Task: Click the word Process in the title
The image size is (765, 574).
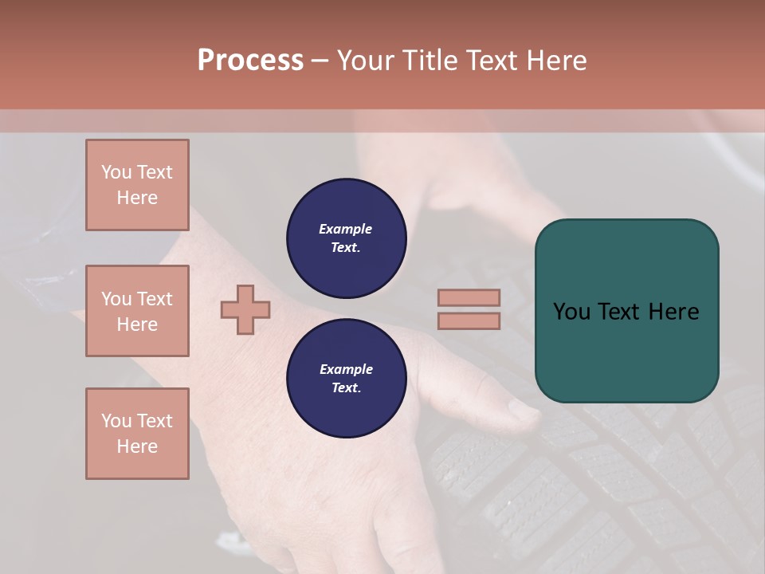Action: click(x=250, y=60)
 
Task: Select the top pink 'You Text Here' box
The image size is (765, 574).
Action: click(x=137, y=185)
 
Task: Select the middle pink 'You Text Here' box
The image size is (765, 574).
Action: click(x=137, y=311)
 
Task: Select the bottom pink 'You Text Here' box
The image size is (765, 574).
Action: click(x=137, y=434)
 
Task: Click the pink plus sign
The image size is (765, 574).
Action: click(x=245, y=309)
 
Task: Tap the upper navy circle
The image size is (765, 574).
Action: click(x=346, y=238)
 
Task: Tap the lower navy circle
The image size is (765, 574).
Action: click(x=346, y=379)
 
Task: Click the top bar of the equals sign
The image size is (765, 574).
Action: click(x=469, y=297)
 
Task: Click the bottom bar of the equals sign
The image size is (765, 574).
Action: click(x=469, y=320)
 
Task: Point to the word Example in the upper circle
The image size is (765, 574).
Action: click(x=346, y=229)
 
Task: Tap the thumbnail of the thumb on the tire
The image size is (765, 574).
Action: click(x=523, y=411)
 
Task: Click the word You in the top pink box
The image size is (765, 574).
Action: click(x=116, y=172)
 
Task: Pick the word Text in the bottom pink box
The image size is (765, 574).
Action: click(x=154, y=421)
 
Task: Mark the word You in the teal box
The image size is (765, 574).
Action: click(x=571, y=311)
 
